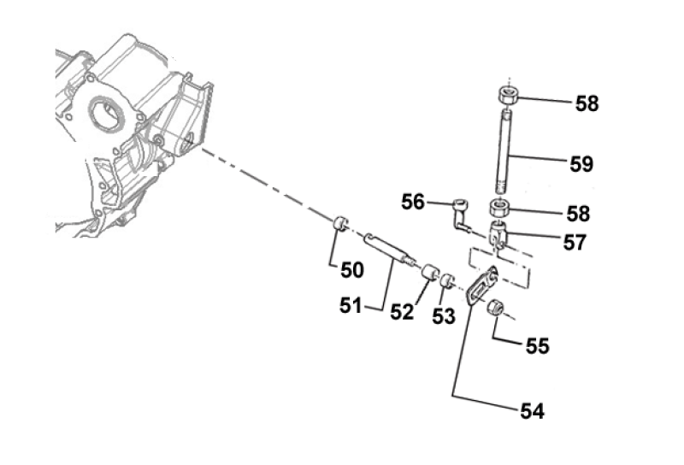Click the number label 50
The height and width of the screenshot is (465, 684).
click(351, 271)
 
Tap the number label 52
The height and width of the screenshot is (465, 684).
click(402, 312)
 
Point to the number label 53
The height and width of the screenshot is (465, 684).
click(442, 316)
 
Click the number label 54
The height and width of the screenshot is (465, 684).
click(531, 410)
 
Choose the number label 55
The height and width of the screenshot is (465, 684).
click(537, 346)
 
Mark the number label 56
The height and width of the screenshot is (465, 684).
click(413, 202)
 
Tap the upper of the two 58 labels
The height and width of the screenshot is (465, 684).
click(587, 104)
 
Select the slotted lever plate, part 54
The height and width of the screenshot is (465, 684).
click(484, 284)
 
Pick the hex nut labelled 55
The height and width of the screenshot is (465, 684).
click(496, 309)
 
